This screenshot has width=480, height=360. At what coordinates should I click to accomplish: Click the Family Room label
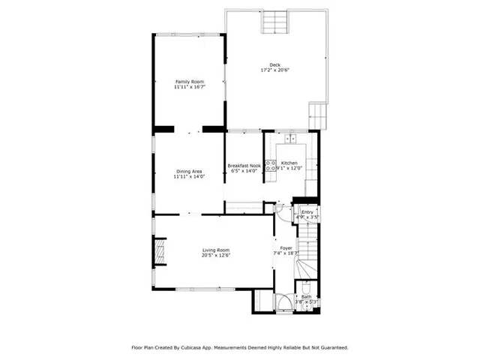tap(189, 81)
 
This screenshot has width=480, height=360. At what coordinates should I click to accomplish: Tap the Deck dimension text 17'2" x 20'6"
tap(274, 70)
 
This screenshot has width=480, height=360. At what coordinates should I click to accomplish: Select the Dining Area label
tap(188, 172)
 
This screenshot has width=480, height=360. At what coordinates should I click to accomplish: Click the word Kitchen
tap(289, 163)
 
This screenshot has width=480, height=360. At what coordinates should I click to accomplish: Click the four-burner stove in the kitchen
tap(271, 168)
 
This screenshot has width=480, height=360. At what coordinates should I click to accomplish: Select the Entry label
tap(307, 212)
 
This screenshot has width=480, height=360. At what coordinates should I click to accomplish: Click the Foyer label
tap(286, 248)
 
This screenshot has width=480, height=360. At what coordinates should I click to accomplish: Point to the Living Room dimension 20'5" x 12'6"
tap(215, 256)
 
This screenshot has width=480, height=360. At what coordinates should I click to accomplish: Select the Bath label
tap(306, 297)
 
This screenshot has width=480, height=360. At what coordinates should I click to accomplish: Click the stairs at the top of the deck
tap(274, 22)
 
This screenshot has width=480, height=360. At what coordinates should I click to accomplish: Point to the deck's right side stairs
tap(318, 116)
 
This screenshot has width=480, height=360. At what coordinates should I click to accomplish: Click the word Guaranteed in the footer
tap(330, 347)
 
